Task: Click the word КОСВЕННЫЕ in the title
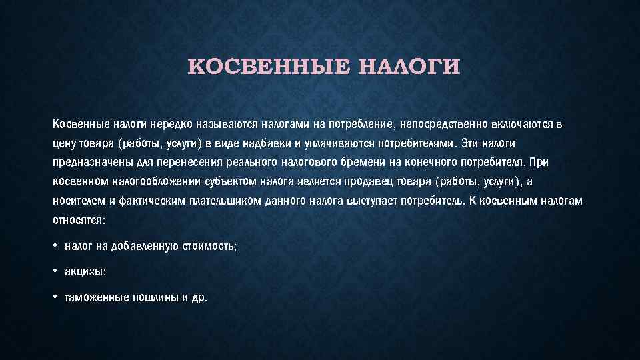269,67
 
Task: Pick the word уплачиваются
339,144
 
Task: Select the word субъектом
230,181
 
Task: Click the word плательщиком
225,201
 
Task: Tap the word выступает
371,201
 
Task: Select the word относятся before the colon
77,221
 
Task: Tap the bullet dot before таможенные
55,297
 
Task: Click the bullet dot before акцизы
55,271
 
